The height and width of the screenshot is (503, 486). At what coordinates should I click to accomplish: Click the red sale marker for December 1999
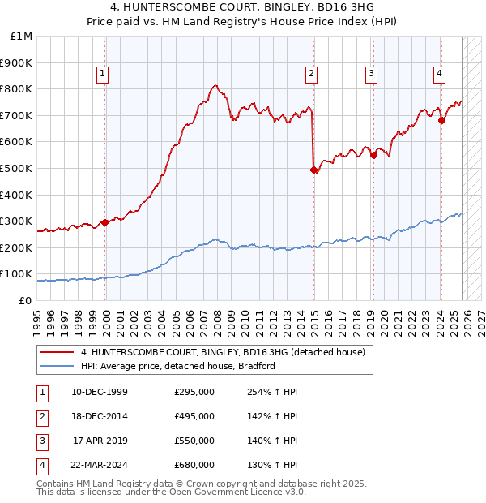(x=104, y=222)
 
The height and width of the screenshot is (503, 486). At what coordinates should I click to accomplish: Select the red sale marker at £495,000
(x=313, y=170)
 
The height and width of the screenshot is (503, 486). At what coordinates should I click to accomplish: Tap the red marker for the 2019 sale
(x=373, y=155)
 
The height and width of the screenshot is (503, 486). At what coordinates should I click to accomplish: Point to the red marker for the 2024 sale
(x=441, y=121)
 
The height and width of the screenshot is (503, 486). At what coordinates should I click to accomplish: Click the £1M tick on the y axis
(x=22, y=37)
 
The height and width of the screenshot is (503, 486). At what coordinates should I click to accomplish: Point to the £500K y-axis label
(x=17, y=168)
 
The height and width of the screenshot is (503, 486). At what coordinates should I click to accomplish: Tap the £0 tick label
(x=24, y=300)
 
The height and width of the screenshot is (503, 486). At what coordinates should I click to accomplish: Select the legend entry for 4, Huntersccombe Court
(x=224, y=352)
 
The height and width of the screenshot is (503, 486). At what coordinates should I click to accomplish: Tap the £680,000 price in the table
(x=194, y=465)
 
